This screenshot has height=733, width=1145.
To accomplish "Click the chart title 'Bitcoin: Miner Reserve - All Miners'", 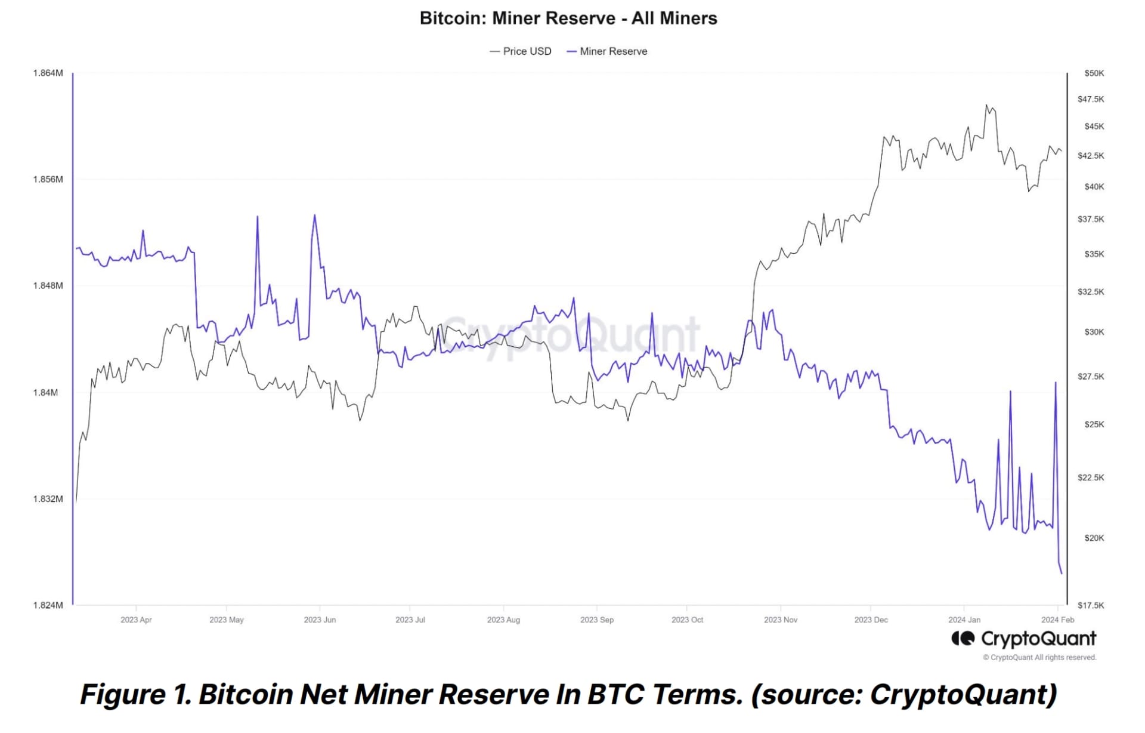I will pos(568,18).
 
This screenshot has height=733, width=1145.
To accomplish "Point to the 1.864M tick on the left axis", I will pos(48,73).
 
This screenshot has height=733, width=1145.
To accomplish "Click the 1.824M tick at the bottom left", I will pos(48,605).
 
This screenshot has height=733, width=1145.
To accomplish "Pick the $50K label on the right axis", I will pos(1094,73).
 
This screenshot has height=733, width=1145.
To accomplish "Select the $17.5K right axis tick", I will pos(1091,605).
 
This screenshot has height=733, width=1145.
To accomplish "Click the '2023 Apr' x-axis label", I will pos(136,620).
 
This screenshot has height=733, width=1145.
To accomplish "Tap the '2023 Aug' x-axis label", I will pos(503,620).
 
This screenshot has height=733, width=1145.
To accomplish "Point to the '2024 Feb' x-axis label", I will pos(1057,620).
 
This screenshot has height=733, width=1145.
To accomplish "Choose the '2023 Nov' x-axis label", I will pos(780,620).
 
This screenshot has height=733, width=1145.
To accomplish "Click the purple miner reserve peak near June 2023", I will pos(314,215).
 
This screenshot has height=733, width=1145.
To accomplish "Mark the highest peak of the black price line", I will pos(986,105).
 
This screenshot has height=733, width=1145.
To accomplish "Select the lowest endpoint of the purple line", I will pos(1062,574).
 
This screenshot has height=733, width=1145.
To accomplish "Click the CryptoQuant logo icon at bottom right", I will pos(963,639).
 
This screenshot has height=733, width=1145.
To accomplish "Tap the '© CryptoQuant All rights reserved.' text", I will pos(1039,657).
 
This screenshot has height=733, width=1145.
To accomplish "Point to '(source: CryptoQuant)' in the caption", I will pos(903,694).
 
